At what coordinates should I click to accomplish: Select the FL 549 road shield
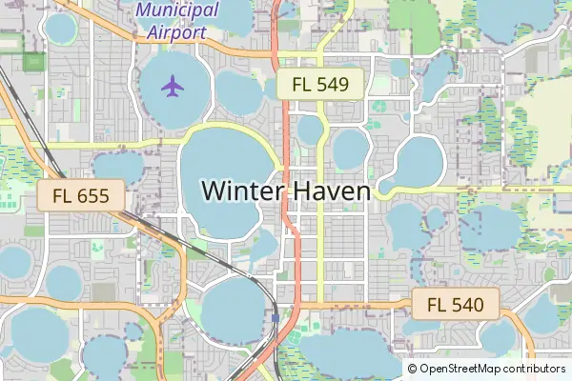tap(321, 84)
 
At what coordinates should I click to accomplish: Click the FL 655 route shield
tap(82, 197)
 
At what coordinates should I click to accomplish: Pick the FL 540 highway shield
tap(457, 305)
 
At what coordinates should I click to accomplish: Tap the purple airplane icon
tap(173, 86)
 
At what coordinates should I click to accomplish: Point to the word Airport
tap(176, 31)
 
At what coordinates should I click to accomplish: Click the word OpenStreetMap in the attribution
tap(464, 369)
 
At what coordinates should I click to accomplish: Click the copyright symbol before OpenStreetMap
tap(412, 369)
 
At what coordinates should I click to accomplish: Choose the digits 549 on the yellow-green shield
tap(334, 84)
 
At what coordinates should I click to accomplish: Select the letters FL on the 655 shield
tap(64, 197)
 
